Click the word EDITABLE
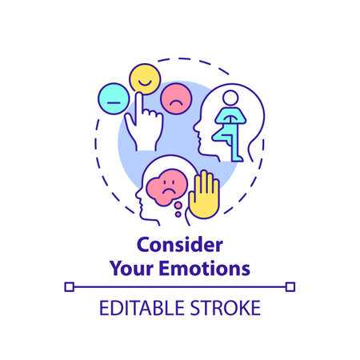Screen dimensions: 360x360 click(x=138, y=307)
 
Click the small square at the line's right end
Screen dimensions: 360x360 click(x=290, y=286)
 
